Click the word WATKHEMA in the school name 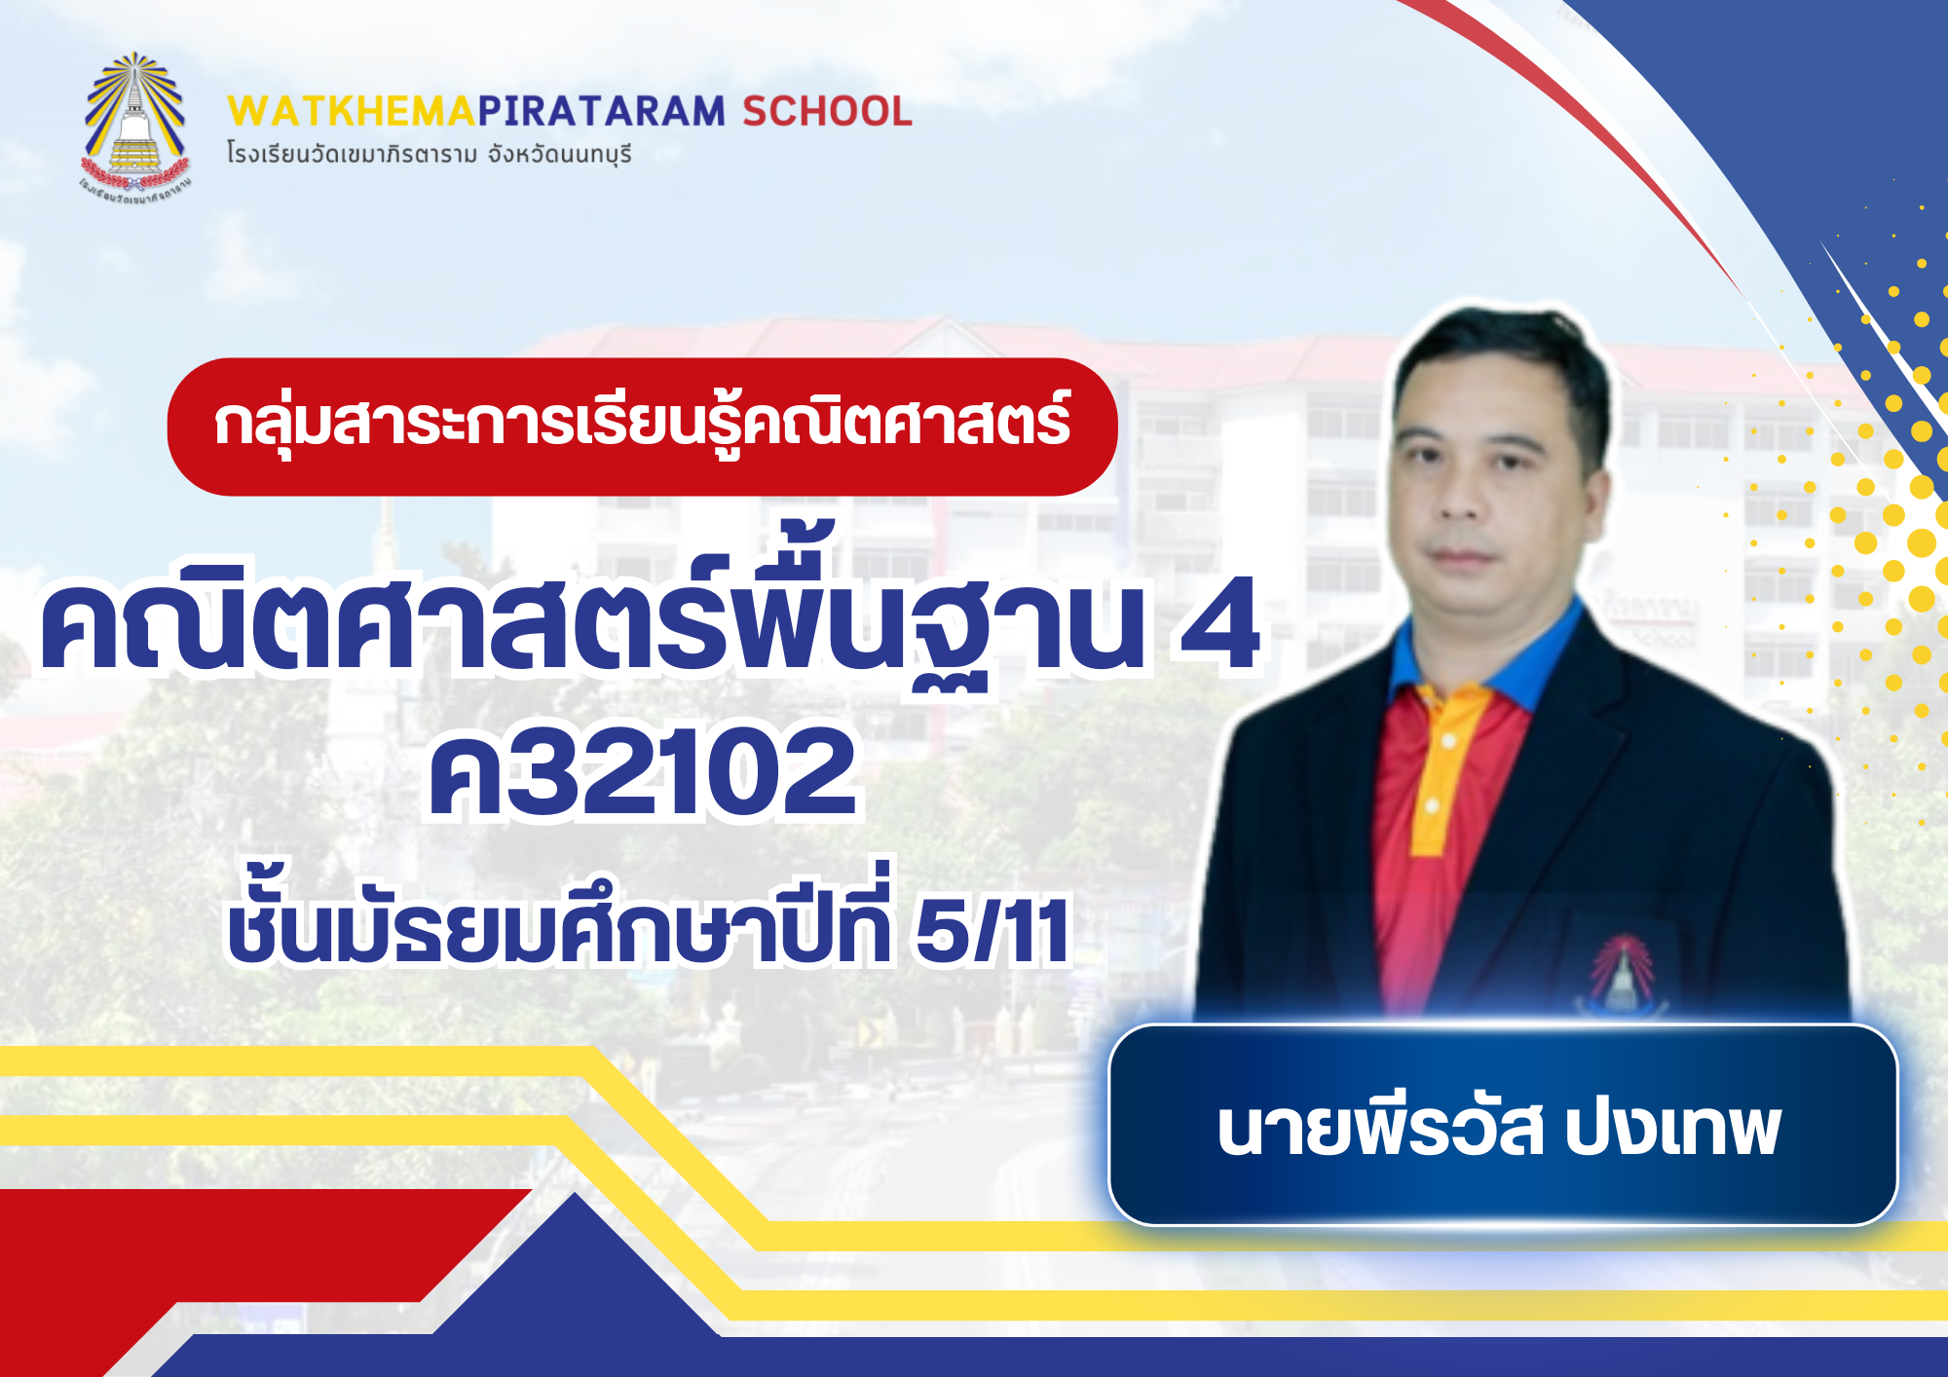pos(352,112)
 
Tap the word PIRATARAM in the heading pos(602,112)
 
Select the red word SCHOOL pos(827,112)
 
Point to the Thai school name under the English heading pos(429,154)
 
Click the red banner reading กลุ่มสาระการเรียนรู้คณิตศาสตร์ pos(642,427)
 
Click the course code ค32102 pos(643,772)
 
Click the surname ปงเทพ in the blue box pos(1672,1130)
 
